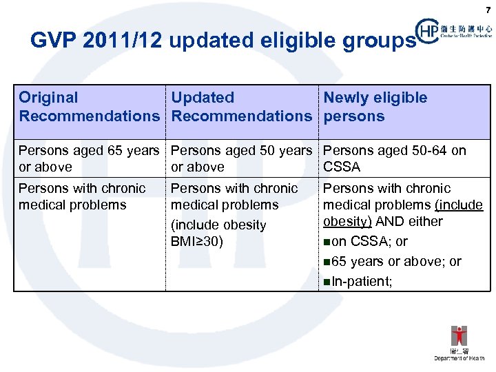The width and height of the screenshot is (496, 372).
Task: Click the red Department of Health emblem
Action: (x=459, y=336)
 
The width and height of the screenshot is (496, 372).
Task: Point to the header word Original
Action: (x=48, y=98)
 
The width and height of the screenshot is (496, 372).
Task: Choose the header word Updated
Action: (x=203, y=98)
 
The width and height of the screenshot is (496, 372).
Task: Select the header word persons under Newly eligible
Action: (x=353, y=116)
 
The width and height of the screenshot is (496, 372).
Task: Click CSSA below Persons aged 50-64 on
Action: (x=342, y=167)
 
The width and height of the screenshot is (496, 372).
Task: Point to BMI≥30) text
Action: (x=197, y=242)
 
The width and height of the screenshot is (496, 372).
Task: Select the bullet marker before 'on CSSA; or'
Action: (x=327, y=242)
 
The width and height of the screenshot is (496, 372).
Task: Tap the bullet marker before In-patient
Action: (x=327, y=282)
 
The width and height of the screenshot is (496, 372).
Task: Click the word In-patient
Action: (x=362, y=281)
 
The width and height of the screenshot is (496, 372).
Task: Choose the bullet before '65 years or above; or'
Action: (x=327, y=262)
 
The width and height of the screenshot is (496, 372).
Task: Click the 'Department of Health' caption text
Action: (x=459, y=358)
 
